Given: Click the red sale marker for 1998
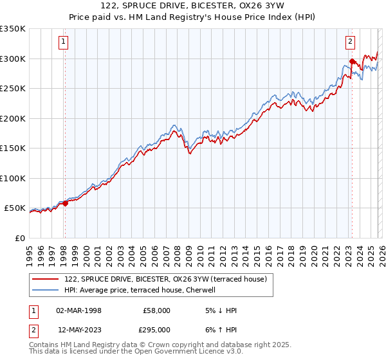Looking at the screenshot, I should point(65,204).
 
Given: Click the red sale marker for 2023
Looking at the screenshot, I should point(352,62).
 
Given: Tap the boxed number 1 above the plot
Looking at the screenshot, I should point(64,42).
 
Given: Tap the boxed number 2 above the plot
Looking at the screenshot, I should point(351,42).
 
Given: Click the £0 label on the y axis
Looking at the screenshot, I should point(20,238).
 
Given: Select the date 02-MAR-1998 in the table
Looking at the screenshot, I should point(79,310).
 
